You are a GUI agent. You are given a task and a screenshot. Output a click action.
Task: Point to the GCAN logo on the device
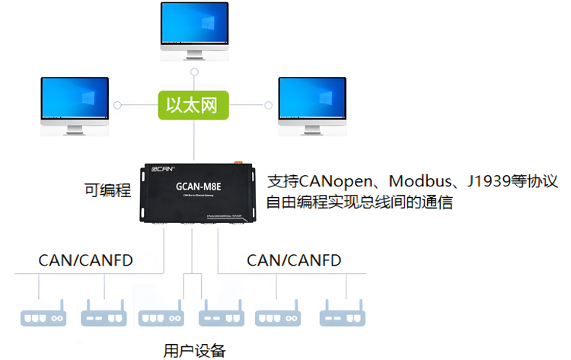164,169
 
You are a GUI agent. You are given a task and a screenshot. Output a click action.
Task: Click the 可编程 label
107,190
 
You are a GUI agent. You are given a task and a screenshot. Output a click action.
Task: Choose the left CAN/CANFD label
85,261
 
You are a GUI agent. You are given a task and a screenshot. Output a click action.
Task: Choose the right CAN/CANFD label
294,261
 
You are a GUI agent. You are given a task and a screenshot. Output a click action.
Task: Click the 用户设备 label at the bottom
195,350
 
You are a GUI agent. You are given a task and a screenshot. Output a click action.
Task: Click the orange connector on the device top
238,162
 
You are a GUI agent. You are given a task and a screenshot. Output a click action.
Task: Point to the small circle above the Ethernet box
195,72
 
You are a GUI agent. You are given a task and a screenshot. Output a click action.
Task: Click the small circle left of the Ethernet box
116,104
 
